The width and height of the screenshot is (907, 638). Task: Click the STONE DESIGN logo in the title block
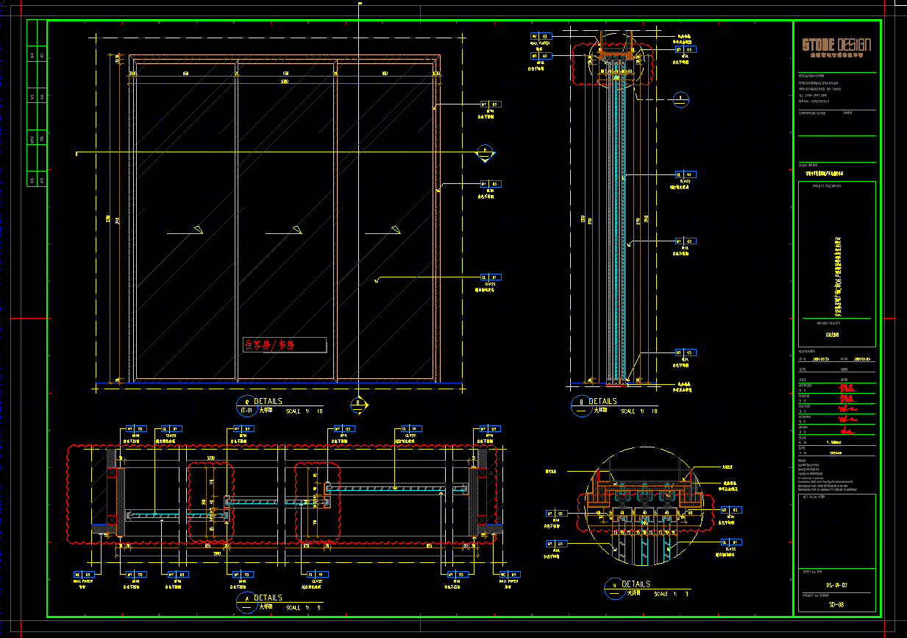tap(836, 46)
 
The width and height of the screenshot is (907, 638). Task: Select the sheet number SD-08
tap(836, 604)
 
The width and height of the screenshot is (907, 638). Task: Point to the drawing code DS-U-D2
tap(836, 585)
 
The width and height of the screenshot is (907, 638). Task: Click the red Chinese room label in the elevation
tap(269, 344)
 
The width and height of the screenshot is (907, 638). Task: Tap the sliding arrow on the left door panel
tap(196, 230)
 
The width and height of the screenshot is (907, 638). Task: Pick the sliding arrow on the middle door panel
tap(296, 230)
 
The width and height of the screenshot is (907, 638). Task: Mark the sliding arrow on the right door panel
tap(395, 230)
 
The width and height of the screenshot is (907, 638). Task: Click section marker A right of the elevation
tap(484, 152)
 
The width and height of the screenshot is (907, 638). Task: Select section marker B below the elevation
tap(358, 403)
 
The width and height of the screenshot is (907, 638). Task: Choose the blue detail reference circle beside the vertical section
tap(682, 99)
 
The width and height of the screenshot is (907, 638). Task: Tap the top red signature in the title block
tap(847, 386)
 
